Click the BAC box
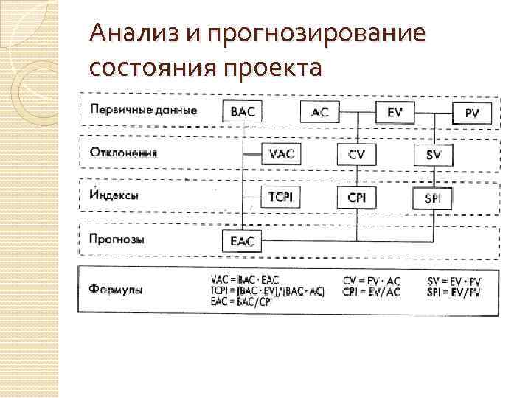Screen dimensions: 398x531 [x=243, y=112]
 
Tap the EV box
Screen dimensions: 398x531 [x=395, y=112]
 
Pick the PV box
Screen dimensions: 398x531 [x=472, y=113]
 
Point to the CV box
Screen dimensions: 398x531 [x=357, y=154]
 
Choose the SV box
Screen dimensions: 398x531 [x=434, y=155]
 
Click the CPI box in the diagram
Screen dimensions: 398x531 [x=357, y=197]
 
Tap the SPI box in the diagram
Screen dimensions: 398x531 [x=434, y=198]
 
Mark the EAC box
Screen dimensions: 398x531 [x=243, y=240]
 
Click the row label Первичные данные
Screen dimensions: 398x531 [x=144, y=110]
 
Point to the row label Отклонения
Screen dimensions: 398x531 [x=124, y=153]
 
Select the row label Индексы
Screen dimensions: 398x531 [x=114, y=196]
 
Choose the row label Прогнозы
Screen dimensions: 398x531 [x=117, y=239]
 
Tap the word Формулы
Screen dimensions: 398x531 [x=118, y=288]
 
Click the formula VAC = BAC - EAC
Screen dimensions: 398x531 [x=246, y=280]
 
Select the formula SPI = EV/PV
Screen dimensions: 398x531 [x=454, y=292]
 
